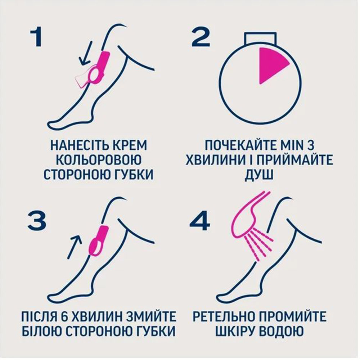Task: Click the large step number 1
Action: point(36,38)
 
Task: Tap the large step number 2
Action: point(201,37)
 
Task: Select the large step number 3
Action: point(37,221)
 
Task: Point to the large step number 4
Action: point(200,221)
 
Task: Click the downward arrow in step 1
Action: point(86,54)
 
